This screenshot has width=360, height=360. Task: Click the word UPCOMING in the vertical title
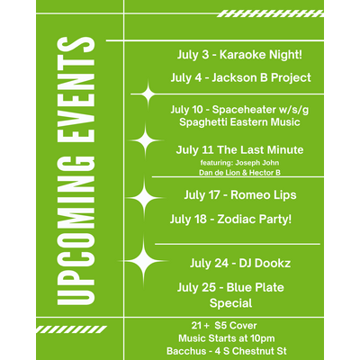[x=76, y=231]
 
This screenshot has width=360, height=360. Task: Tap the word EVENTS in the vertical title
[x=76, y=89]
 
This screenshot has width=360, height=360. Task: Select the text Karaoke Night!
[x=261, y=55]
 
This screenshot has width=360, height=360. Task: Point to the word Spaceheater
[x=244, y=110]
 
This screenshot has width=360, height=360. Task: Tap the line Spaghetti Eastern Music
[x=239, y=122]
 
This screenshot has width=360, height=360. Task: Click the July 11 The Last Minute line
[x=239, y=149]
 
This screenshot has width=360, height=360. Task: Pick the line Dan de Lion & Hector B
[x=239, y=173]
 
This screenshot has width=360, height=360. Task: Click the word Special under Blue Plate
[x=230, y=303]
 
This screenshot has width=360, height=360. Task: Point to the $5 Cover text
[x=236, y=326]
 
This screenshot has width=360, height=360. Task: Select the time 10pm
[x=263, y=338]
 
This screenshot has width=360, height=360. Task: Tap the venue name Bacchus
[x=186, y=351]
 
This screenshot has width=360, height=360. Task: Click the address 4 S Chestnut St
[x=251, y=351]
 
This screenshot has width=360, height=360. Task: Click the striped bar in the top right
[x=270, y=13]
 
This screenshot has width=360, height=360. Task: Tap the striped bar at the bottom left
[x=71, y=329]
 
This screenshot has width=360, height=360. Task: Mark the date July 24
[x=209, y=263]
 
